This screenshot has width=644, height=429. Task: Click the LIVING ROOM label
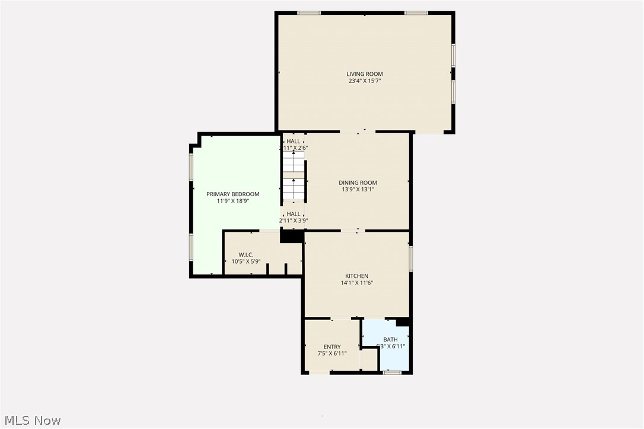point(365,74)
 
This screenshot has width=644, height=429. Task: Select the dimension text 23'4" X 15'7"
point(365,81)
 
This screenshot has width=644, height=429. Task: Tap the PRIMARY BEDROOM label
point(232,194)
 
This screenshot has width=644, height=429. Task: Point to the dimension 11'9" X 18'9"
point(232,201)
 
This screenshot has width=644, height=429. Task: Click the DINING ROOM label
point(358,183)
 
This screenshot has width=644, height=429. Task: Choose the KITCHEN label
point(357,276)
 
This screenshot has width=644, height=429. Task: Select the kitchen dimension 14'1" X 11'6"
point(357,283)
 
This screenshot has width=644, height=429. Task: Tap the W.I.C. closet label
point(246,255)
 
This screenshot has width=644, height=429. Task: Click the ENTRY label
point(332,347)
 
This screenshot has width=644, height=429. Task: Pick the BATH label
point(390,340)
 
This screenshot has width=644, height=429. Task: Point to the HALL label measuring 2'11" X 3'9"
point(294,214)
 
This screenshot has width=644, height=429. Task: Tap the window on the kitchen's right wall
point(410,258)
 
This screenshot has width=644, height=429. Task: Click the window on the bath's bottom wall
point(391,373)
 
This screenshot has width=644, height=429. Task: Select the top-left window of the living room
point(309,12)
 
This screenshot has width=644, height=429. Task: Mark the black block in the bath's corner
point(403,322)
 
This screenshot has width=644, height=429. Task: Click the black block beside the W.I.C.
point(291,236)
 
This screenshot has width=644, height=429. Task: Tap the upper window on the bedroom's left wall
point(191,167)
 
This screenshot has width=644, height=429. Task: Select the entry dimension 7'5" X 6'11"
point(332,354)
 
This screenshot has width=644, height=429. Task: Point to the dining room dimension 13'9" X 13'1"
point(358,190)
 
